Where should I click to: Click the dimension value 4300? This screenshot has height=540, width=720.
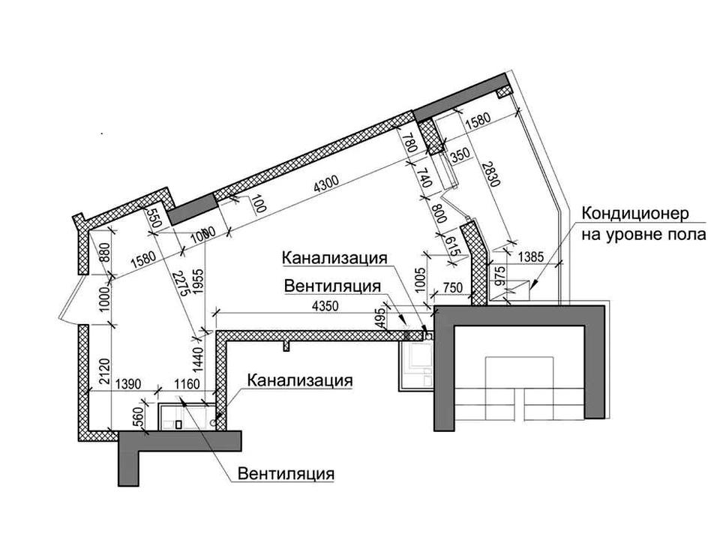[x=326, y=183]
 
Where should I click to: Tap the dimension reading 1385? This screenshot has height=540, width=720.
[x=530, y=256]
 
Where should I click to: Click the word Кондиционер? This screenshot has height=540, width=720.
[x=635, y=214]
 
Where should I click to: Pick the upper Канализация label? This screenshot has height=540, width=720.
[x=334, y=257]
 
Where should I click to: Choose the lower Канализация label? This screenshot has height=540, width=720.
[x=300, y=380]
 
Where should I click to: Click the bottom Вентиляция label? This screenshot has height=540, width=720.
[x=286, y=473]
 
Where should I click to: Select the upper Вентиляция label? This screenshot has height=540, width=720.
[x=332, y=286]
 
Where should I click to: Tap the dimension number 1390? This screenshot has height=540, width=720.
[x=128, y=383]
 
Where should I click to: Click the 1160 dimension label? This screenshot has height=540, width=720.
[x=187, y=383]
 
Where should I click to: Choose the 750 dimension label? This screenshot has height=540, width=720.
[x=453, y=288]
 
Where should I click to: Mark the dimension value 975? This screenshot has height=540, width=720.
[x=500, y=277]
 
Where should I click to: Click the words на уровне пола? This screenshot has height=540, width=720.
[x=643, y=235]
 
